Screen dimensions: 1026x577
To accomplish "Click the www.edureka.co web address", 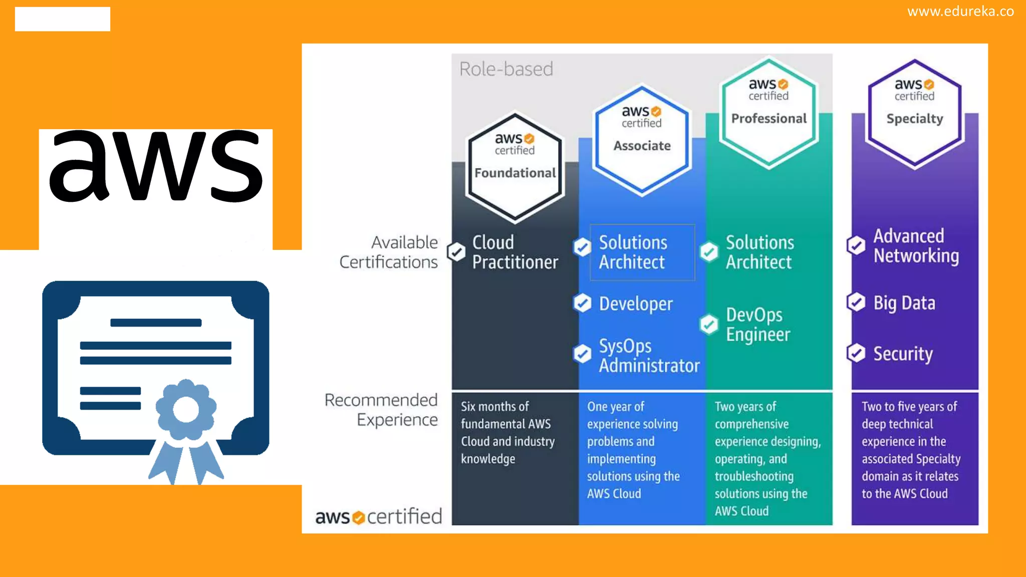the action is (x=960, y=11).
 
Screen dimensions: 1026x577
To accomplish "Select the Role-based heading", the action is (x=506, y=69).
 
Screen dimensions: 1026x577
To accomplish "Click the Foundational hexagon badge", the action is (x=515, y=168).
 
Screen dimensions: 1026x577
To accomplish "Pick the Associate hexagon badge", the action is (x=642, y=140).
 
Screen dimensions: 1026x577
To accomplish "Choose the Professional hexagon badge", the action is (x=769, y=113).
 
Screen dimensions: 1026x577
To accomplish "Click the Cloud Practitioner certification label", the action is (x=515, y=252).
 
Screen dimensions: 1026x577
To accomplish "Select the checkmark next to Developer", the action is (x=582, y=303).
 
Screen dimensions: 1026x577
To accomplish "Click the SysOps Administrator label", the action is (x=649, y=356).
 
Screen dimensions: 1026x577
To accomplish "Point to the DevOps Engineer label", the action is (x=758, y=324).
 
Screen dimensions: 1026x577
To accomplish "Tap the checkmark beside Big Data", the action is (x=856, y=302).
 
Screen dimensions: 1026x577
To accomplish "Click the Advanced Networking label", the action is (x=916, y=245).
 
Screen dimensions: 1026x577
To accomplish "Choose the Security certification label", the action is (x=903, y=354).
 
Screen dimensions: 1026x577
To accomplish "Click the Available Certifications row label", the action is (x=389, y=252).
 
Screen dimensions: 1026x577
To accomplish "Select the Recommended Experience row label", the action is (x=381, y=409).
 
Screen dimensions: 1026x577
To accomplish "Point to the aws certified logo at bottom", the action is (x=379, y=516).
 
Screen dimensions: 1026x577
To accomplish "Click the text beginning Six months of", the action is (x=507, y=432).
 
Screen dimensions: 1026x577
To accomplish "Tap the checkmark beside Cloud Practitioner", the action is (x=456, y=251).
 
